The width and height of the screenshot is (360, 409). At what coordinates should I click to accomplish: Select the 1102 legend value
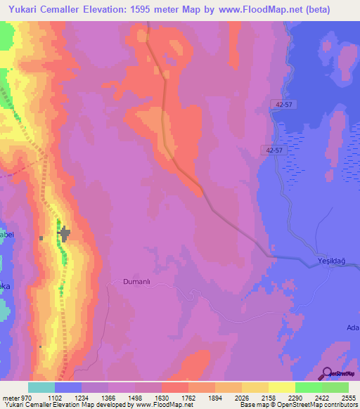[54, 397]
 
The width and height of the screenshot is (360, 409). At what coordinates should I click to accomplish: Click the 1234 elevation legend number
[82, 397]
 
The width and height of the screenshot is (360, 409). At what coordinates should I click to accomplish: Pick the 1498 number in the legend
[135, 397]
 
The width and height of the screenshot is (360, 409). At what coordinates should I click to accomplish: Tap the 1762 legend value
[188, 397]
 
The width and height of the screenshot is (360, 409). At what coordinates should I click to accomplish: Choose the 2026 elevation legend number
[242, 397]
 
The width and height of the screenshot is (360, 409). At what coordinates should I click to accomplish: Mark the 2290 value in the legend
[295, 397]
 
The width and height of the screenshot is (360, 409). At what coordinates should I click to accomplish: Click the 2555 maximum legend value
[348, 397]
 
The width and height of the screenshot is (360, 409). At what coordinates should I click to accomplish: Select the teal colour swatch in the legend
[41, 387]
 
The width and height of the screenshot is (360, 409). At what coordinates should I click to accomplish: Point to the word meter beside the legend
[9, 397]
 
